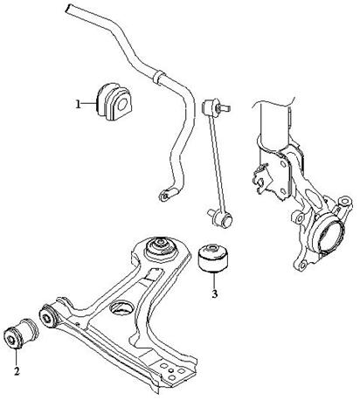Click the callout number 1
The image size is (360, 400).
(x=78, y=104)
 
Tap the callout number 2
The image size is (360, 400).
(x=17, y=371)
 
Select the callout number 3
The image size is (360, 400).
(x=215, y=294)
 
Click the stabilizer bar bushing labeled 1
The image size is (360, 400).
(x=114, y=101)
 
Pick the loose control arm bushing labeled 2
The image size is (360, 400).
(x=22, y=334)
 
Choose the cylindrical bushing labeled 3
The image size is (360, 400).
(x=213, y=258)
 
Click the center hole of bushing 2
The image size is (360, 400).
(x=10, y=339)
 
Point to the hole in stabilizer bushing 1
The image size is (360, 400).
(x=123, y=105)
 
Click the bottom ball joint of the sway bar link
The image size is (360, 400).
(x=224, y=220)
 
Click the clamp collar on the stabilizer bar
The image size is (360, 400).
(x=157, y=77)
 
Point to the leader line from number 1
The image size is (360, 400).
(x=88, y=103)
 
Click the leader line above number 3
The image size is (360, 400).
(x=214, y=280)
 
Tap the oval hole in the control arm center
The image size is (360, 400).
(x=121, y=308)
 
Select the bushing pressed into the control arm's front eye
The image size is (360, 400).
(x=48, y=316)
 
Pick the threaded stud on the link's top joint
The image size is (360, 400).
(x=227, y=108)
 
